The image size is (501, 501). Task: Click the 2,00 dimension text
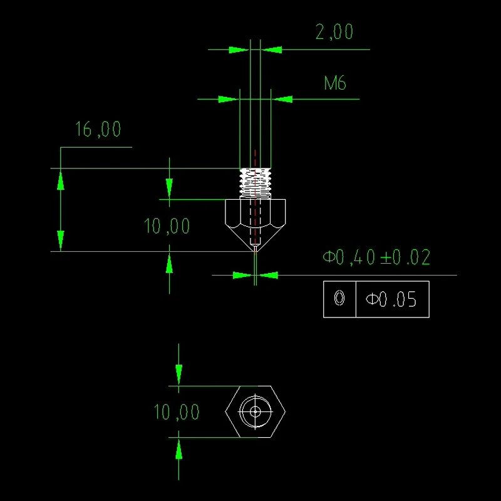tap(334, 32)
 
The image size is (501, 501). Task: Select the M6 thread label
tap(335, 83)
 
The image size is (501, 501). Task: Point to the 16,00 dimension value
tap(98, 129)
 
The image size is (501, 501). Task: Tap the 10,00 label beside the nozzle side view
tap(167, 226)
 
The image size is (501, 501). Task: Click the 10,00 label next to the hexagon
tap(177, 411)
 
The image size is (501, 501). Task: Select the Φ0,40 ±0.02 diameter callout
tap(376, 257)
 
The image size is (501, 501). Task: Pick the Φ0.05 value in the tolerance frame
tap(391, 299)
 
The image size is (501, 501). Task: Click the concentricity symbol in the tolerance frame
tap(339, 298)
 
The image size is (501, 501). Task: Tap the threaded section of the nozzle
tap(256, 183)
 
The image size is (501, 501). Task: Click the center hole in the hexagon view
tap(256, 411)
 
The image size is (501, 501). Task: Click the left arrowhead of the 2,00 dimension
tap(239, 50)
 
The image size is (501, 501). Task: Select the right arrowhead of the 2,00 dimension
tap(272, 50)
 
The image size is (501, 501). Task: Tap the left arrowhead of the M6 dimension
tap(229, 99)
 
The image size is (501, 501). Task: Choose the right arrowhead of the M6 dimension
tap(282, 99)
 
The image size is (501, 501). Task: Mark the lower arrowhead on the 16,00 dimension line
tap(61, 240)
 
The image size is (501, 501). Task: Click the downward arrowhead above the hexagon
tap(178, 374)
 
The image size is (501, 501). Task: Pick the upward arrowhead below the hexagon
tap(178, 448)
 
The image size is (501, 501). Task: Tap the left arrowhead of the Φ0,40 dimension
tap(243, 275)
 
